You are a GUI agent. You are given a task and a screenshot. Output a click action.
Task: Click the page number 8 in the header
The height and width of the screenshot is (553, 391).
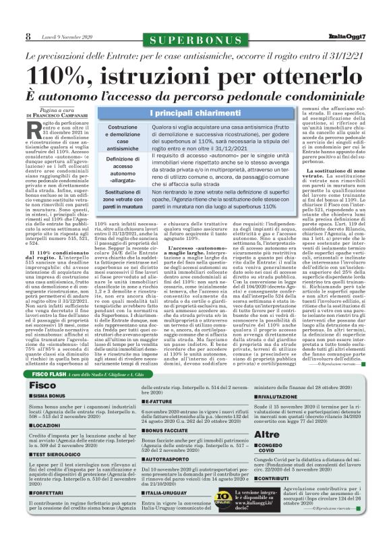pyautogui.click(x=28, y=36)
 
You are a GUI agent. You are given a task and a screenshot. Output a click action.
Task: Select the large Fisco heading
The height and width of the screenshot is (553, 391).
pyautogui.click(x=43, y=384)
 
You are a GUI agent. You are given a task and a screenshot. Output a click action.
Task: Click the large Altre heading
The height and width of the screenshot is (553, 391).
pyautogui.click(x=268, y=434)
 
